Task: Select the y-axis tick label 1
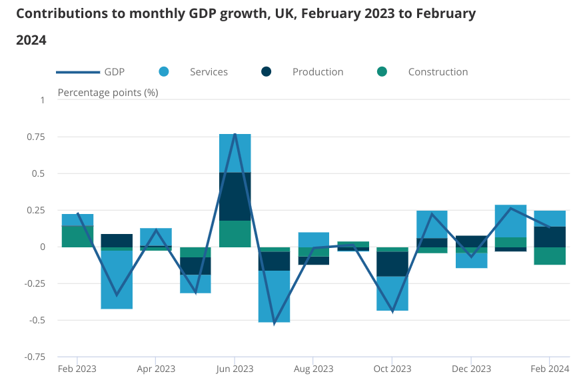pyautogui.click(x=41, y=101)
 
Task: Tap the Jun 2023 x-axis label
pyautogui.click(x=235, y=369)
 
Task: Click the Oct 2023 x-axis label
pyautogui.click(x=392, y=369)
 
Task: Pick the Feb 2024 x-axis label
pyautogui.click(x=549, y=369)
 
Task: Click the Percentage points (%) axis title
pyautogui.click(x=108, y=92)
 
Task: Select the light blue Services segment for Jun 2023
pyautogui.click(x=235, y=153)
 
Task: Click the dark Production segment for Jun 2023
pyautogui.click(x=235, y=196)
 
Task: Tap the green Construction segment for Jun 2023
pyautogui.click(x=235, y=233)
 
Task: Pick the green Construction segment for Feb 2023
pyautogui.click(x=77, y=237)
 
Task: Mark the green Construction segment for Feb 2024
pyautogui.click(x=550, y=255)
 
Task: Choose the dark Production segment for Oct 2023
pyautogui.click(x=392, y=264)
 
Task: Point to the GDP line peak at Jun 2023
pyautogui.click(x=235, y=135)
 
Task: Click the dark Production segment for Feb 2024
pyautogui.click(x=550, y=237)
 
